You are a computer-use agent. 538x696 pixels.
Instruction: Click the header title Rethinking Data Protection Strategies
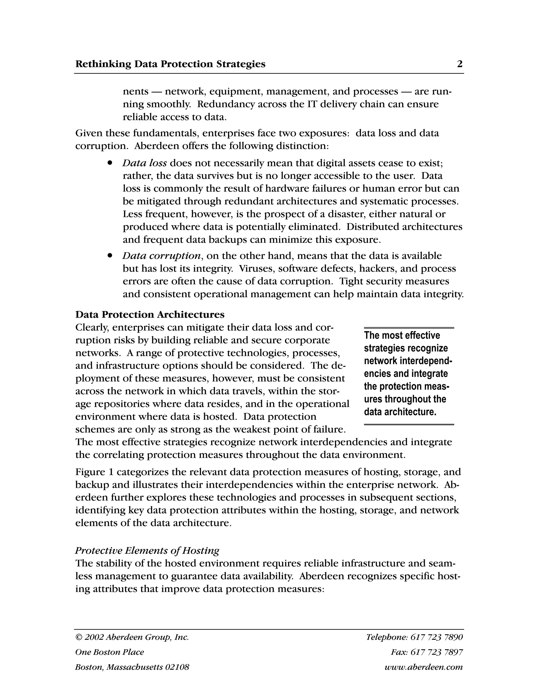(170, 64)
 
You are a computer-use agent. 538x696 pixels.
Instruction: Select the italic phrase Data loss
(144, 163)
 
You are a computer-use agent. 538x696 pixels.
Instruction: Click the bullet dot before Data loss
(110, 163)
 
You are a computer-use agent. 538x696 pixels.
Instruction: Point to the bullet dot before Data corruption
(110, 255)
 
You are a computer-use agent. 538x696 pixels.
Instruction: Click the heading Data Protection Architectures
(150, 315)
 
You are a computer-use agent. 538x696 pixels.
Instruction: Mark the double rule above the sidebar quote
(409, 328)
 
